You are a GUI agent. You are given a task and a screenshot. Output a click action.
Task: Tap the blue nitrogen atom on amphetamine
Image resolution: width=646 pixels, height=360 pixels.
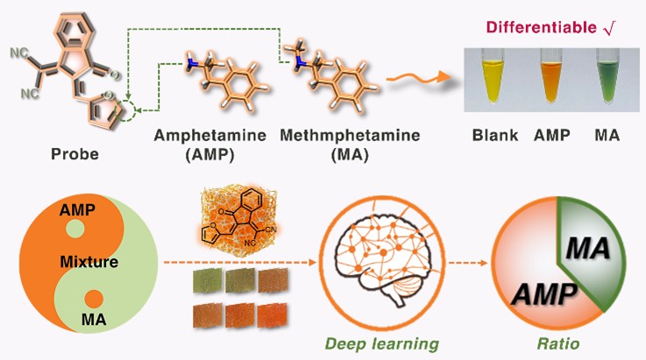tap(190, 65)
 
